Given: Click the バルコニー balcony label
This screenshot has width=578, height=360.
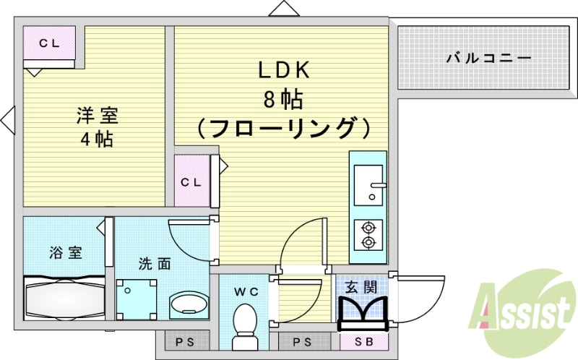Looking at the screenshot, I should (488, 58).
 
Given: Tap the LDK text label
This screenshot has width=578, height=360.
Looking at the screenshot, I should (285, 70).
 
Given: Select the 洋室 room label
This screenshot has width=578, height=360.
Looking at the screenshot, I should (98, 116).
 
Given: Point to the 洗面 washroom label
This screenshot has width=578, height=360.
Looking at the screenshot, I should (155, 263).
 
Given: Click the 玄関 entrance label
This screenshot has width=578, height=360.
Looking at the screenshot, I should (361, 287).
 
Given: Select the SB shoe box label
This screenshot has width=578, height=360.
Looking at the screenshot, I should (362, 342).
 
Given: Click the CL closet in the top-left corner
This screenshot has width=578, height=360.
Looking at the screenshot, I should (49, 43).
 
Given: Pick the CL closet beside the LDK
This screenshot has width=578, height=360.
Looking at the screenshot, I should (191, 182).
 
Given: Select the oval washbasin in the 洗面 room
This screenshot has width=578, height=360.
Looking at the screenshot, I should (189, 304).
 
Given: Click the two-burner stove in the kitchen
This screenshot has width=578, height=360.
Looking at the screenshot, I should (368, 235).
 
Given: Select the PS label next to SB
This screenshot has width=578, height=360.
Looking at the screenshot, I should (302, 342).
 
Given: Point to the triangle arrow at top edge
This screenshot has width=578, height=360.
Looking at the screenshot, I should (284, 8).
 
